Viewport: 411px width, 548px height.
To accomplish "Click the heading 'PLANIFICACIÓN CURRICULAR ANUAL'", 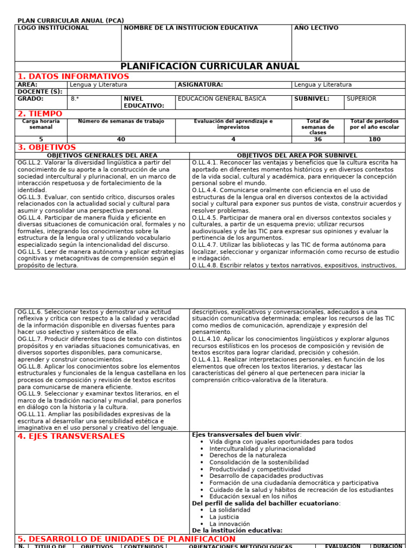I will click(210, 66).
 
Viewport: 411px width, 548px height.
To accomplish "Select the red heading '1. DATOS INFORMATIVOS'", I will click(73, 77).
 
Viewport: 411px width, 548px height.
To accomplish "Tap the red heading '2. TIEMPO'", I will click(40, 114).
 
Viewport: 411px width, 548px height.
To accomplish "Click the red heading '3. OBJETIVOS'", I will click(47, 147).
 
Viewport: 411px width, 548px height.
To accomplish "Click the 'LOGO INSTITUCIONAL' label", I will click(53, 28).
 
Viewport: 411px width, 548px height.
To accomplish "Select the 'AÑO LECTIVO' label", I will click(316, 28).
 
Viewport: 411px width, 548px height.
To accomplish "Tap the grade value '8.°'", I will click(75, 99).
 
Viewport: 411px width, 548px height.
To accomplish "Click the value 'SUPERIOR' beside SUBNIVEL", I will click(361, 99).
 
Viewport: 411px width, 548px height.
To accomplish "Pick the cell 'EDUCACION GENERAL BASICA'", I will click(222, 99).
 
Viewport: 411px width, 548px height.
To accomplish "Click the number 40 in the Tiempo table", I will click(121, 139).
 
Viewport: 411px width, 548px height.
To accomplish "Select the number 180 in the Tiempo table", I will click(375, 139).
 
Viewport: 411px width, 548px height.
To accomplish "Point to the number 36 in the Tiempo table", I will click(318, 139).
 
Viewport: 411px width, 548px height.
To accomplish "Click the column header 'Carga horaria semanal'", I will click(41, 125).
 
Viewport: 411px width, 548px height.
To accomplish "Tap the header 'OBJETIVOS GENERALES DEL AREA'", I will click(102, 155).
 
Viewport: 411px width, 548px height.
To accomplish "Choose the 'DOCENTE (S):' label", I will click(40, 92).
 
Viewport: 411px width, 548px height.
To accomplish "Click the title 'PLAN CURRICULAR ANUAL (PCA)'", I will click(71, 21).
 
